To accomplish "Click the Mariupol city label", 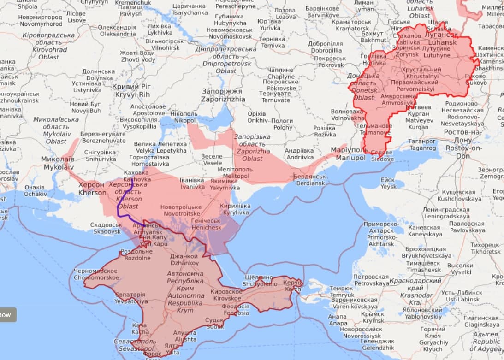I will click(x=350, y=154).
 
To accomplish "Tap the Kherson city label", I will click(x=92, y=189).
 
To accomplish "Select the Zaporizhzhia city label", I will click(x=223, y=95).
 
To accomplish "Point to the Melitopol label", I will click(x=235, y=172).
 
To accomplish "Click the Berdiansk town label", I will click(x=310, y=180).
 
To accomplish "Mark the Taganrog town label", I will click(x=422, y=144).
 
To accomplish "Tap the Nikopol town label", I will click(x=184, y=117).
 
